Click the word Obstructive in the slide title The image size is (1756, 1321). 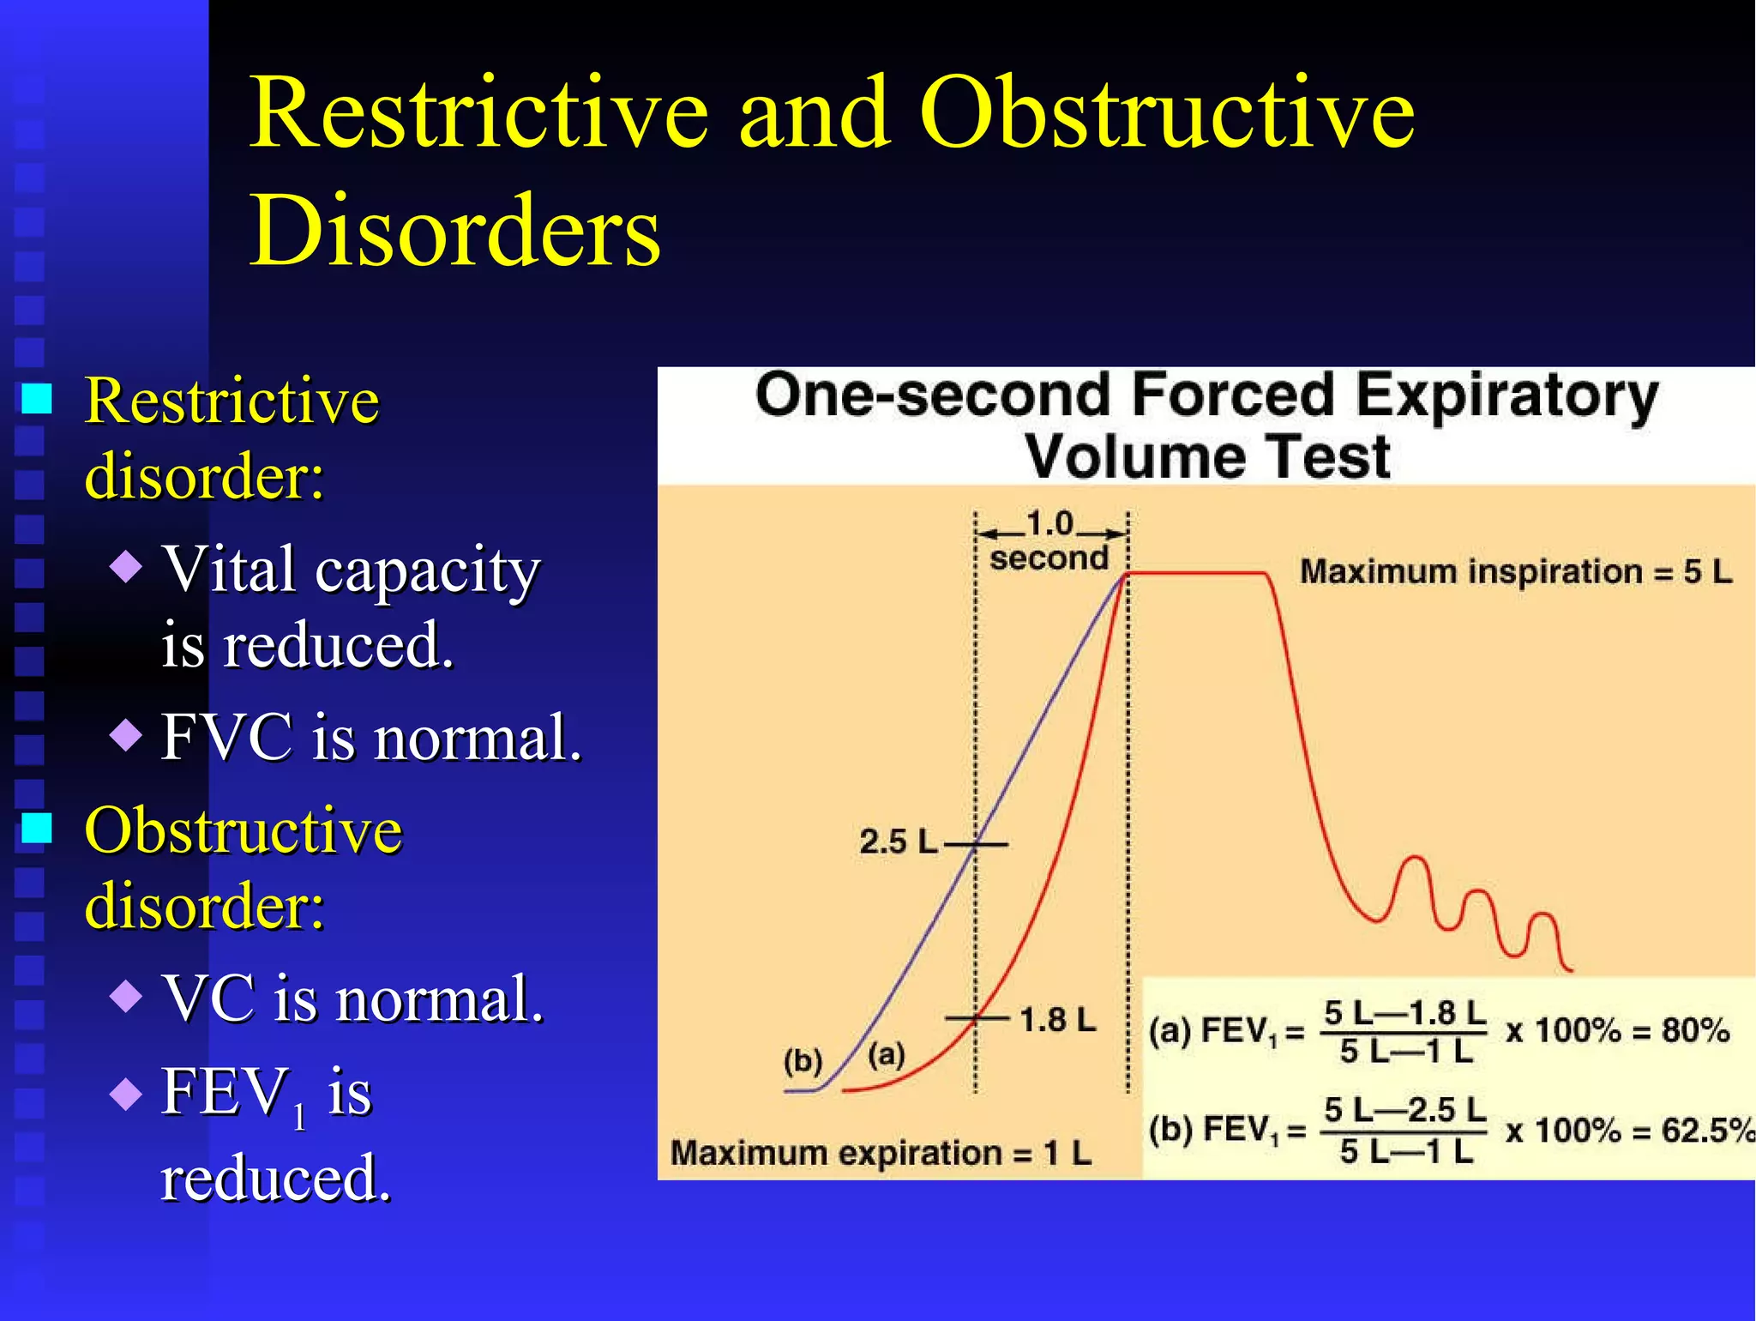(1166, 113)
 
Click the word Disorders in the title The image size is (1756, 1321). (454, 231)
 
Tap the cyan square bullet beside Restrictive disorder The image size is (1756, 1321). (37, 399)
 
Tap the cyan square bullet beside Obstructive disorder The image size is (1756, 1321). (37, 828)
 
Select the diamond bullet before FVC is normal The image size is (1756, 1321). (127, 734)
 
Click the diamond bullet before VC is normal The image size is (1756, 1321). (127, 996)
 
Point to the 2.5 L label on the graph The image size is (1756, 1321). (897, 841)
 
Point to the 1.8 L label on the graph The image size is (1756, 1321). (1057, 1020)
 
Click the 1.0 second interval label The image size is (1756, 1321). (1049, 540)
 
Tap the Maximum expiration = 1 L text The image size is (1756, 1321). (881, 1153)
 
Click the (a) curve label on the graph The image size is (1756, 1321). (887, 1053)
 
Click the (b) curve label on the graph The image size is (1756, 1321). (803, 1061)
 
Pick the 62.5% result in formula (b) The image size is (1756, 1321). (1706, 1130)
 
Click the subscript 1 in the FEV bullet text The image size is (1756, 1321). (299, 1117)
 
